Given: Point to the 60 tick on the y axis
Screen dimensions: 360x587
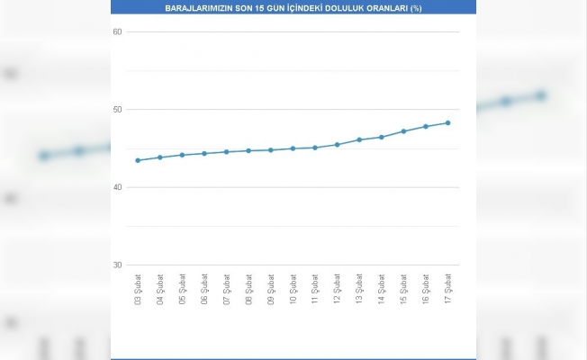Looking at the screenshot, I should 117,32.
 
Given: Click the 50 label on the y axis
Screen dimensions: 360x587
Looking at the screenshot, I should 117,110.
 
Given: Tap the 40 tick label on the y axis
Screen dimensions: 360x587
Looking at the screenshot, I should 117,187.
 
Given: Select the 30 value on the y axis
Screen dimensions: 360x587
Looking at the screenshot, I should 117,265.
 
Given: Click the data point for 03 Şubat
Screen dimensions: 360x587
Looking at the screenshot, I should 138,160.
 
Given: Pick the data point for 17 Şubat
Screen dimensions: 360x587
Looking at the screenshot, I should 447,122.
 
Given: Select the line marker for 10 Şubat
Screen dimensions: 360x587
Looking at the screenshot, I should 293,148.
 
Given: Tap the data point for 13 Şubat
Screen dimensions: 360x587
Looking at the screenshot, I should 359,139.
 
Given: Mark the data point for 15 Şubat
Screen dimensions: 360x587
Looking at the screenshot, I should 403,131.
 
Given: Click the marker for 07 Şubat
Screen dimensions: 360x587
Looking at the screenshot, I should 226,152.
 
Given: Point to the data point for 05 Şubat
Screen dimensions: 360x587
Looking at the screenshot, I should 182,155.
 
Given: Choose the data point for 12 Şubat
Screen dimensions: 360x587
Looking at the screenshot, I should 337,144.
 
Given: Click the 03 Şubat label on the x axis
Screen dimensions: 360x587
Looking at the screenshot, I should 138,288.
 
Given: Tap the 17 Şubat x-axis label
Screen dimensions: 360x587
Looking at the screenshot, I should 448,288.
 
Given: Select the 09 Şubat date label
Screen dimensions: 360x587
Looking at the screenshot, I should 271,288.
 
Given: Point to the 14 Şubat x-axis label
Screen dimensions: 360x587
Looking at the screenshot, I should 382,288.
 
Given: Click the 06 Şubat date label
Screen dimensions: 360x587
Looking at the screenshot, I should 204,288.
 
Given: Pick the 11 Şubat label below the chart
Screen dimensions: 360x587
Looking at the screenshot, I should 315,288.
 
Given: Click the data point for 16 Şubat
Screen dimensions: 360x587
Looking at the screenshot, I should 426,126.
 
